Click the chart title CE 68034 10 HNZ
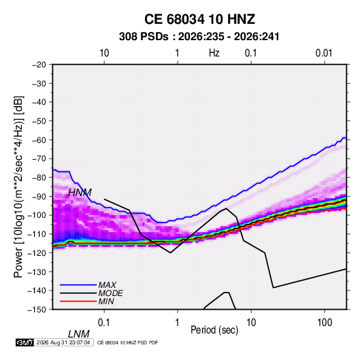(x=199, y=19)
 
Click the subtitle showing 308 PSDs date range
(x=199, y=37)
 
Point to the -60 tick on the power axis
(x=39, y=140)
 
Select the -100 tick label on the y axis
(x=37, y=215)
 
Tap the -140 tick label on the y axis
(x=37, y=291)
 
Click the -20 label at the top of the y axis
(x=39, y=65)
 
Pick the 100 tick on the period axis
(x=325, y=323)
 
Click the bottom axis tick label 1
(x=177, y=323)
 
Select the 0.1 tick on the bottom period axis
(x=104, y=323)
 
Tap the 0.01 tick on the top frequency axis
(x=324, y=53)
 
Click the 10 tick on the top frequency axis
(x=104, y=53)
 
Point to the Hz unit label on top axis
(x=214, y=53)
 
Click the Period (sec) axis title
(x=214, y=330)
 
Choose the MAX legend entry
(x=107, y=285)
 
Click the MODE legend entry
(x=110, y=293)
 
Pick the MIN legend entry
(x=106, y=301)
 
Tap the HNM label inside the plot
(x=80, y=193)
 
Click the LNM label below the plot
(x=79, y=334)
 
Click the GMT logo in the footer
(x=25, y=342)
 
